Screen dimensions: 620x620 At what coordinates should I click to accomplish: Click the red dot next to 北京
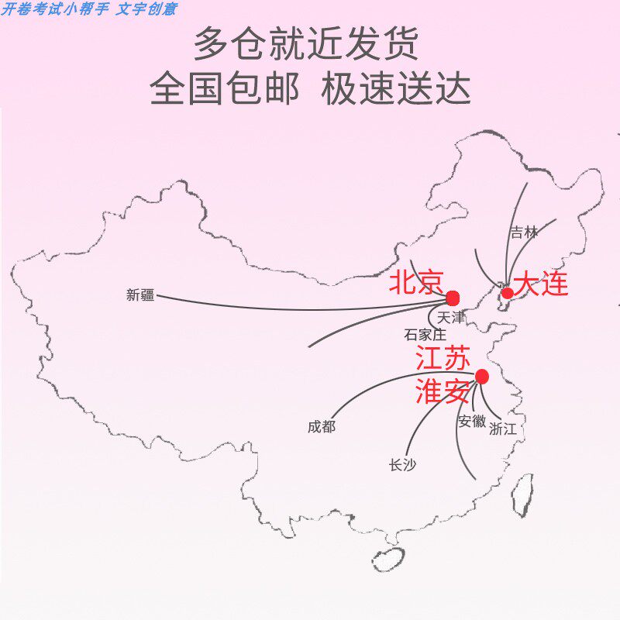(453, 298)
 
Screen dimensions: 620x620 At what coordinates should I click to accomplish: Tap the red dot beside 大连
(507, 293)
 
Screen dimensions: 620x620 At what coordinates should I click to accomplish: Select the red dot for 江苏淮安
(482, 377)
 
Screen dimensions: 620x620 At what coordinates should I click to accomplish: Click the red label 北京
(416, 282)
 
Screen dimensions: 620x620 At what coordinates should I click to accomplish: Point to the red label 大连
(542, 284)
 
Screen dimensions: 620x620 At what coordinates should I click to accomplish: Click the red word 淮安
(443, 391)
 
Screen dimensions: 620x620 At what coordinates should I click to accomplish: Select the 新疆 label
(140, 294)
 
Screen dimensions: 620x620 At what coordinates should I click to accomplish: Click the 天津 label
(450, 318)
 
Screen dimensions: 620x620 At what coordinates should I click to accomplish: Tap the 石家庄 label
(425, 335)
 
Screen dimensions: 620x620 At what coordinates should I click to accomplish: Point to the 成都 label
(321, 426)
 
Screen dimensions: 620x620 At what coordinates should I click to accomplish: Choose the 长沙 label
(402, 465)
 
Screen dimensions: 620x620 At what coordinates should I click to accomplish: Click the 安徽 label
(471, 422)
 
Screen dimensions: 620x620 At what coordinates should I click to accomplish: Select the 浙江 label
(502, 429)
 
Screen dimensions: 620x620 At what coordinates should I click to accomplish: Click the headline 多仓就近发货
(306, 44)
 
